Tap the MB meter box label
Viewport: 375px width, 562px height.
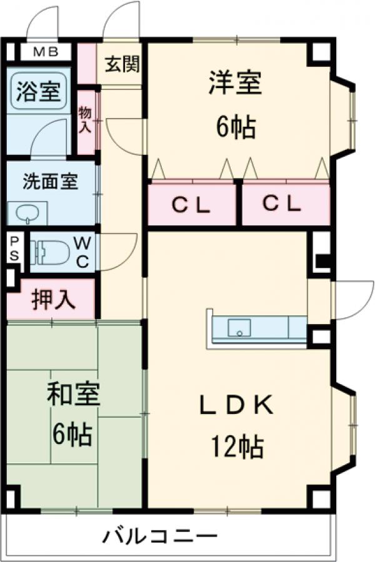[42, 51]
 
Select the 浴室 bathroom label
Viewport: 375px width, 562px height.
[39, 92]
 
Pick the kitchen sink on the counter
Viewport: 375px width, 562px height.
[239, 327]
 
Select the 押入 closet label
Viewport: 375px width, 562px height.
[54, 299]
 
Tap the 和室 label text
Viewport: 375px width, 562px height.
[74, 395]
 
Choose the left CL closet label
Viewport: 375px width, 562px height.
[191, 204]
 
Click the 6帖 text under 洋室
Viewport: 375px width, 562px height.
[236, 127]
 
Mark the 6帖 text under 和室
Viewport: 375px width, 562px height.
[72, 433]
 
